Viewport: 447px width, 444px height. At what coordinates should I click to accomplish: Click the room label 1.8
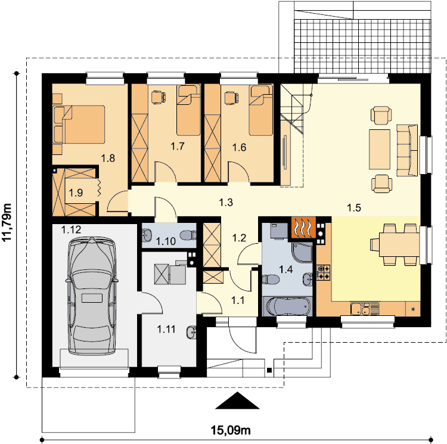tap(108, 158)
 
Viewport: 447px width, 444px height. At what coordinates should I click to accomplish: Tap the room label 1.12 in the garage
tap(72, 229)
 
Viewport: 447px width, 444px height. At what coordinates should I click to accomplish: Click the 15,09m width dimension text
tap(231, 430)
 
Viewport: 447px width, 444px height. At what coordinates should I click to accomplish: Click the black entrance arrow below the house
tap(237, 400)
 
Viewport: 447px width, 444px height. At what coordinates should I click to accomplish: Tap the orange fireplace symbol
tap(303, 227)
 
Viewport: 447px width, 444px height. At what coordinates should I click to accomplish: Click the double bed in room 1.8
tap(79, 124)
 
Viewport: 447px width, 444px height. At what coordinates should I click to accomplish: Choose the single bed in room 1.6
tap(260, 110)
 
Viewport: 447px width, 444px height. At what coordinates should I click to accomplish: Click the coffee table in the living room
tap(380, 150)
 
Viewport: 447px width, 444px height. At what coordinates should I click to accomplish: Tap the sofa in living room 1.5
tap(408, 150)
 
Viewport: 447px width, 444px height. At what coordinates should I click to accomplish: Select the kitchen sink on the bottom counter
tap(365, 309)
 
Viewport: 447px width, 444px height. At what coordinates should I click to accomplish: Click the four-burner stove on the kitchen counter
tap(323, 272)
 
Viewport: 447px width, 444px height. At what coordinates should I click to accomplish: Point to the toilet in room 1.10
tap(188, 235)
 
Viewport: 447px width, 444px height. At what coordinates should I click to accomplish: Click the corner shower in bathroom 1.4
tap(302, 252)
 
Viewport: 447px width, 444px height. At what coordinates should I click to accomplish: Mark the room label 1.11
tap(166, 330)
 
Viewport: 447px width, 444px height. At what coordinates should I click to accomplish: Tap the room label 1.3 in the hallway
tap(226, 203)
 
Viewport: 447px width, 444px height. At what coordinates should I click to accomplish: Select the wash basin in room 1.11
tap(191, 332)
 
